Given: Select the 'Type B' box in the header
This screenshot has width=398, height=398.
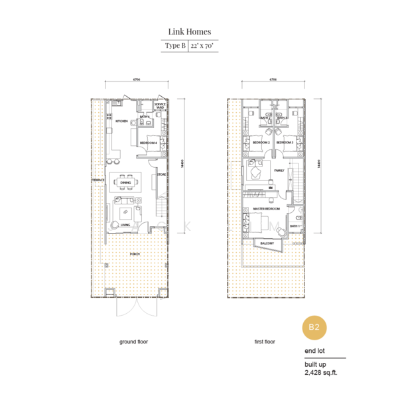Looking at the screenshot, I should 174,46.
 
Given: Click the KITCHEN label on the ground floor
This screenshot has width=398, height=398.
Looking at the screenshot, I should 121,122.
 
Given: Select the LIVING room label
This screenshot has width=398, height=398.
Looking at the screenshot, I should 125,225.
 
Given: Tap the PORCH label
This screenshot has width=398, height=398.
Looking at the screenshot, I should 135,252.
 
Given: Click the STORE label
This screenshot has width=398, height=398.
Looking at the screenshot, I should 161,176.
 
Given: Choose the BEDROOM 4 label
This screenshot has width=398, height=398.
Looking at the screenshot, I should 147,142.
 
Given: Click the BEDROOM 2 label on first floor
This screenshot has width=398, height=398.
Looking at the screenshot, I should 261,143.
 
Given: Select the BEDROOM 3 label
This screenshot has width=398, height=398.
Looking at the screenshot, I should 285,143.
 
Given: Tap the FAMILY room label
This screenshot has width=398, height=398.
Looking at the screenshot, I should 279,170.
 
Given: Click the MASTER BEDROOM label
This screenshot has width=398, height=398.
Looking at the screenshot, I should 267,209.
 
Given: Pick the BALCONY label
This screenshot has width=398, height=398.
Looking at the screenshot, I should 267,243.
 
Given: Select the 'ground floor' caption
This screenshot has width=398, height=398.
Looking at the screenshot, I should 133,342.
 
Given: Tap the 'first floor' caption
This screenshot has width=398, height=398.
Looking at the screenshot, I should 265,342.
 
